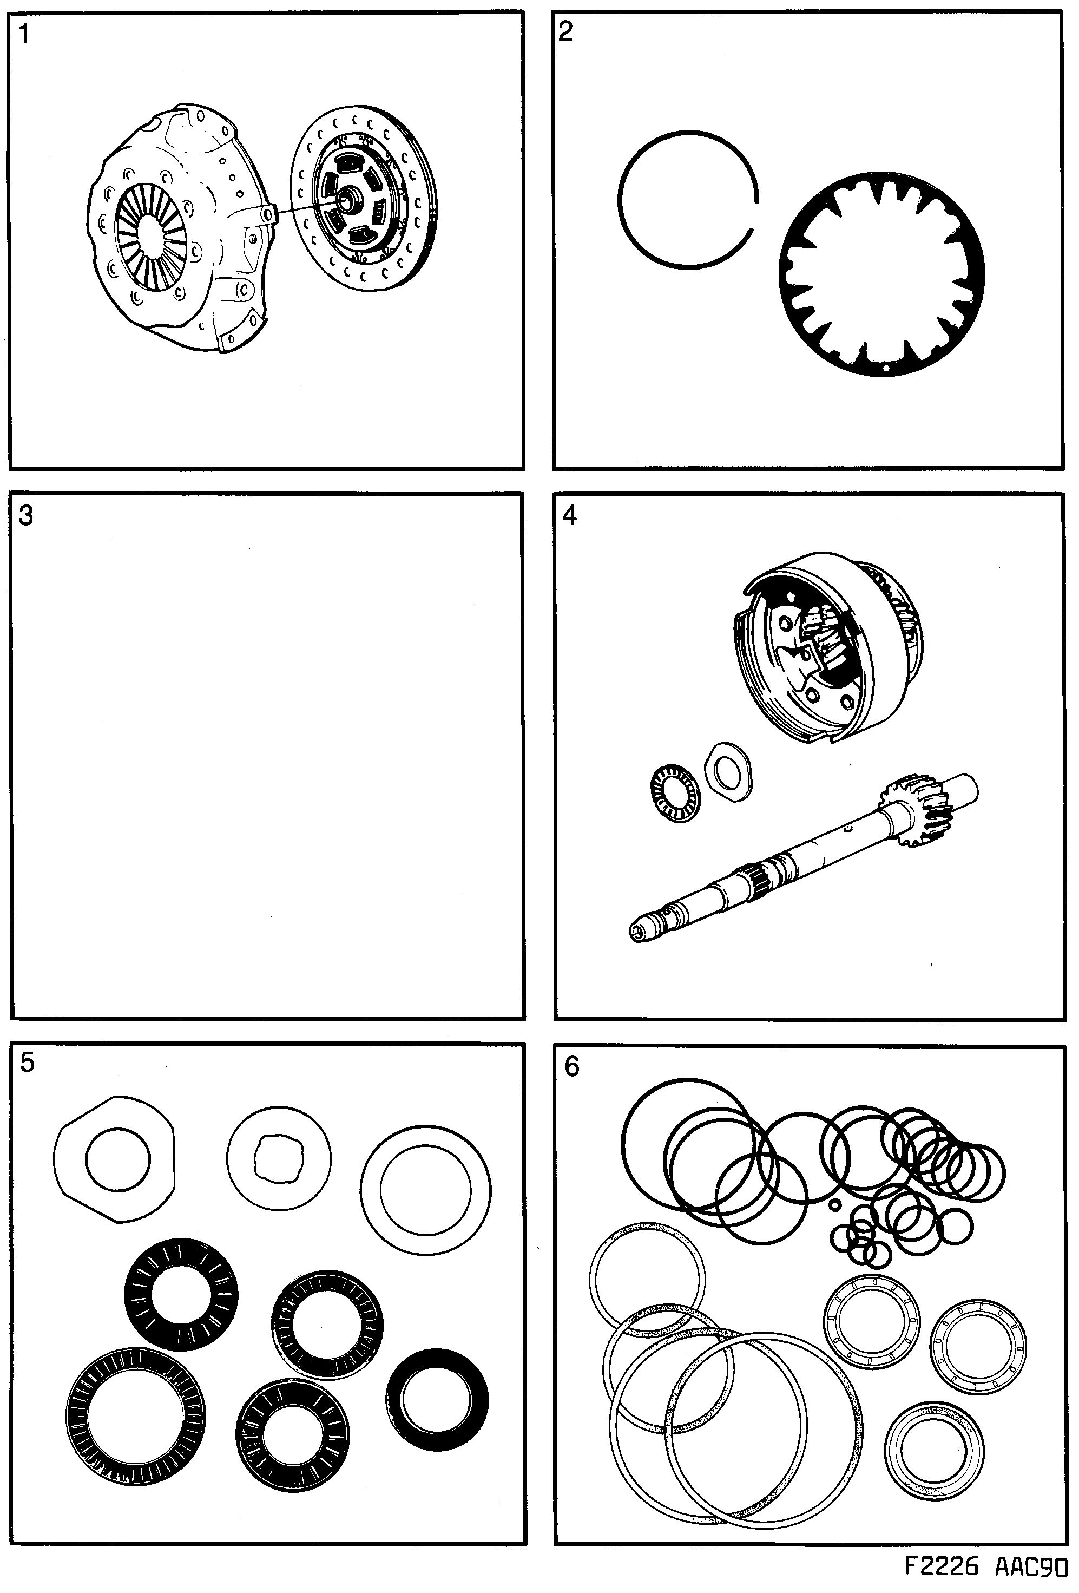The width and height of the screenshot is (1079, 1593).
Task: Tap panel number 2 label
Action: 565,31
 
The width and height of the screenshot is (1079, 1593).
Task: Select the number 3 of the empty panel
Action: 25,515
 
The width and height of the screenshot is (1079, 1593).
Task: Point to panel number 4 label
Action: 569,515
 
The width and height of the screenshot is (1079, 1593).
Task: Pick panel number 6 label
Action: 571,1066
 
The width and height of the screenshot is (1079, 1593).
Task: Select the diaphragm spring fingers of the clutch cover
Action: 151,237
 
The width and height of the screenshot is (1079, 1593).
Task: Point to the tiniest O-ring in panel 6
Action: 835,1205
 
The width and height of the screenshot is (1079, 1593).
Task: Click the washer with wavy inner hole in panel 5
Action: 279,1158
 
